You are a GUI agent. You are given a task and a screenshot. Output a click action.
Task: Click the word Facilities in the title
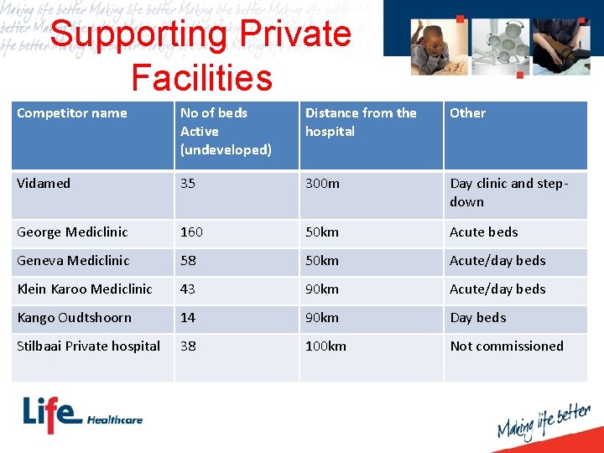[201, 77]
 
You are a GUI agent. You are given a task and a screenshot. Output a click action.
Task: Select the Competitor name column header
[72, 113]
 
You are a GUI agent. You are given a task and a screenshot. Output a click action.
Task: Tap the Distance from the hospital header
[361, 122]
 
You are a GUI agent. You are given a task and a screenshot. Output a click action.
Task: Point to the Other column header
[467, 113]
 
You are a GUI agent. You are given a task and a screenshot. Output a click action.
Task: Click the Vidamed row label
[44, 183]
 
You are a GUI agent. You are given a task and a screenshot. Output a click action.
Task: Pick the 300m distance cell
[322, 183]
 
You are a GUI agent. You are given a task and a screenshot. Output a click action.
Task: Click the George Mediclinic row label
[73, 232]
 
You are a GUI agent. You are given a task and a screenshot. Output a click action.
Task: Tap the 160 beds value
[191, 232]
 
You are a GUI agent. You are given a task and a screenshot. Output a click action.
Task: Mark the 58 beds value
[188, 260]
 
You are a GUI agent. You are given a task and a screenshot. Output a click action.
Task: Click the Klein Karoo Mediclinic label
[85, 289]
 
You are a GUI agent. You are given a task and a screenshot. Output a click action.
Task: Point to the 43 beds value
[188, 289]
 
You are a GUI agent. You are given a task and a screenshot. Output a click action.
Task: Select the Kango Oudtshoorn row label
[75, 317]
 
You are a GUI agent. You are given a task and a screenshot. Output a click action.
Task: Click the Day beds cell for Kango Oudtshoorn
[478, 317]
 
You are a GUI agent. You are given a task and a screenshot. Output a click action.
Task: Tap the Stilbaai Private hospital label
[89, 346]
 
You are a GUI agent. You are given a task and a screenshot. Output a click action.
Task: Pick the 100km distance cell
[325, 346]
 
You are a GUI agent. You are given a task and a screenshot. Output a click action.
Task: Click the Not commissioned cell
[507, 346]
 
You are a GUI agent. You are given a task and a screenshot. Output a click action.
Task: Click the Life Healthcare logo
[82, 416]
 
